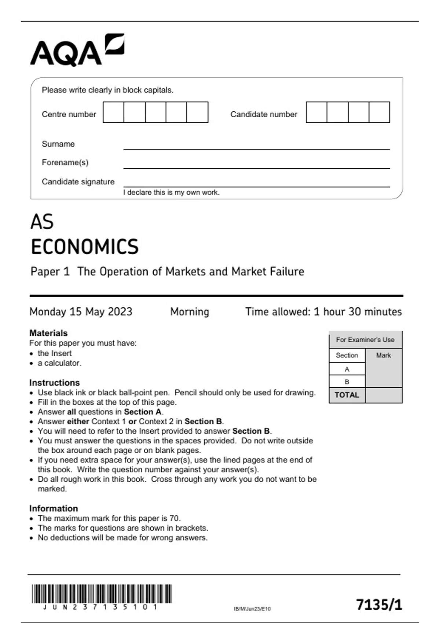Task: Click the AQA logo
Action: (x=77, y=50)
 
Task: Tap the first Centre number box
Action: (x=113, y=112)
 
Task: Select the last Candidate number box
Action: (x=379, y=112)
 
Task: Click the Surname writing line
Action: (x=256, y=145)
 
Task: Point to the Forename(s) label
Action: (x=65, y=162)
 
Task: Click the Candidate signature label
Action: (x=78, y=182)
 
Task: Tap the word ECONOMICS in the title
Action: (x=85, y=247)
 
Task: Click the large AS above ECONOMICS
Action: (x=42, y=222)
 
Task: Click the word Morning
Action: (x=190, y=311)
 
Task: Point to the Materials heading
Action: (x=48, y=333)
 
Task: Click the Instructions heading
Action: (x=55, y=383)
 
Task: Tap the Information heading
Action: (x=54, y=508)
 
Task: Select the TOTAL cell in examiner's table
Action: (x=347, y=395)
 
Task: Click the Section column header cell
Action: (x=347, y=355)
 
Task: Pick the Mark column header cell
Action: (x=384, y=355)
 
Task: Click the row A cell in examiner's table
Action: (x=347, y=369)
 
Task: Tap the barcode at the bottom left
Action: (x=102, y=594)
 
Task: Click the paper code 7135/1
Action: (x=379, y=604)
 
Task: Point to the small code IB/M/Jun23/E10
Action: (x=252, y=609)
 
